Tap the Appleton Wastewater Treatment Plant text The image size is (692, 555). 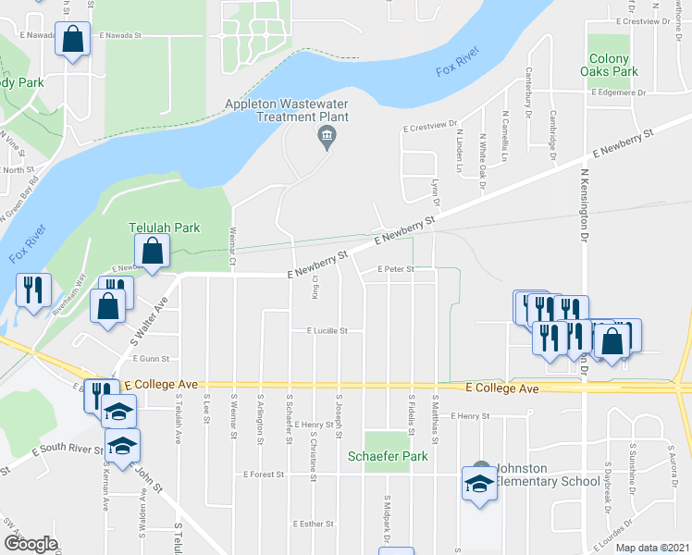coord(288,111)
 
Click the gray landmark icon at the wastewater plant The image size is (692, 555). coord(327,140)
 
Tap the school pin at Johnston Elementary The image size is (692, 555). coord(479,485)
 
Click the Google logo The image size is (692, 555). coord(31,544)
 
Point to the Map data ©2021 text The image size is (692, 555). coord(651,548)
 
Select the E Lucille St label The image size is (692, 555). coord(319,330)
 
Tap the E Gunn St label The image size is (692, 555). coord(152,358)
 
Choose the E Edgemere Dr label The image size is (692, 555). coord(636,92)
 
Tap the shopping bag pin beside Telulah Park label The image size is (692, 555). coord(151,251)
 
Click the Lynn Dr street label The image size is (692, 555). coord(435,193)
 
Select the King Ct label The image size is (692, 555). coord(315,288)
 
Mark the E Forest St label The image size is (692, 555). coord(266,475)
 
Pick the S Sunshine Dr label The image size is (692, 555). coord(608,481)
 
